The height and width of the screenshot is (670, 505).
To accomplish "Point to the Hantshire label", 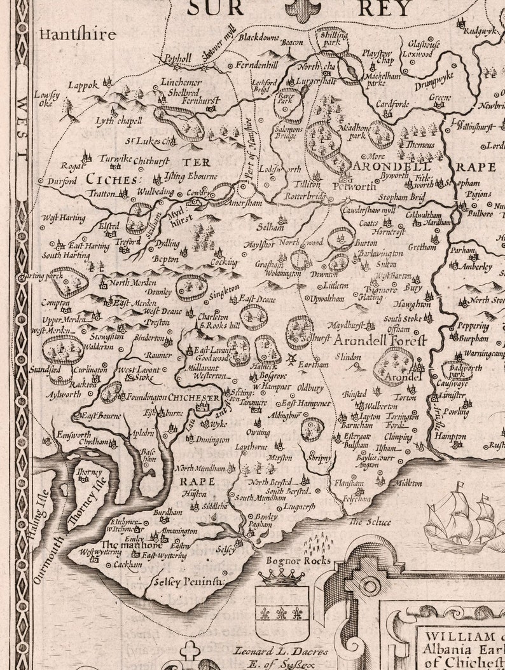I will click(78, 34).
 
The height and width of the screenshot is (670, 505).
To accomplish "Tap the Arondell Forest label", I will click(379, 339).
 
